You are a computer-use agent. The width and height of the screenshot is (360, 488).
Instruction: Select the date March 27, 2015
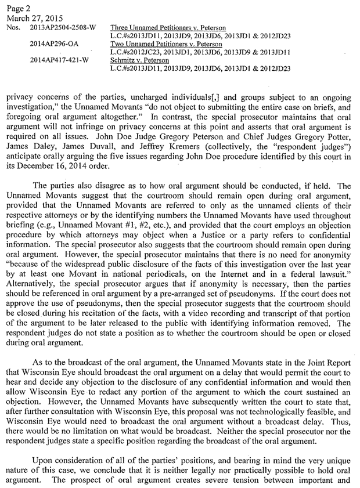pos(26,18)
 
